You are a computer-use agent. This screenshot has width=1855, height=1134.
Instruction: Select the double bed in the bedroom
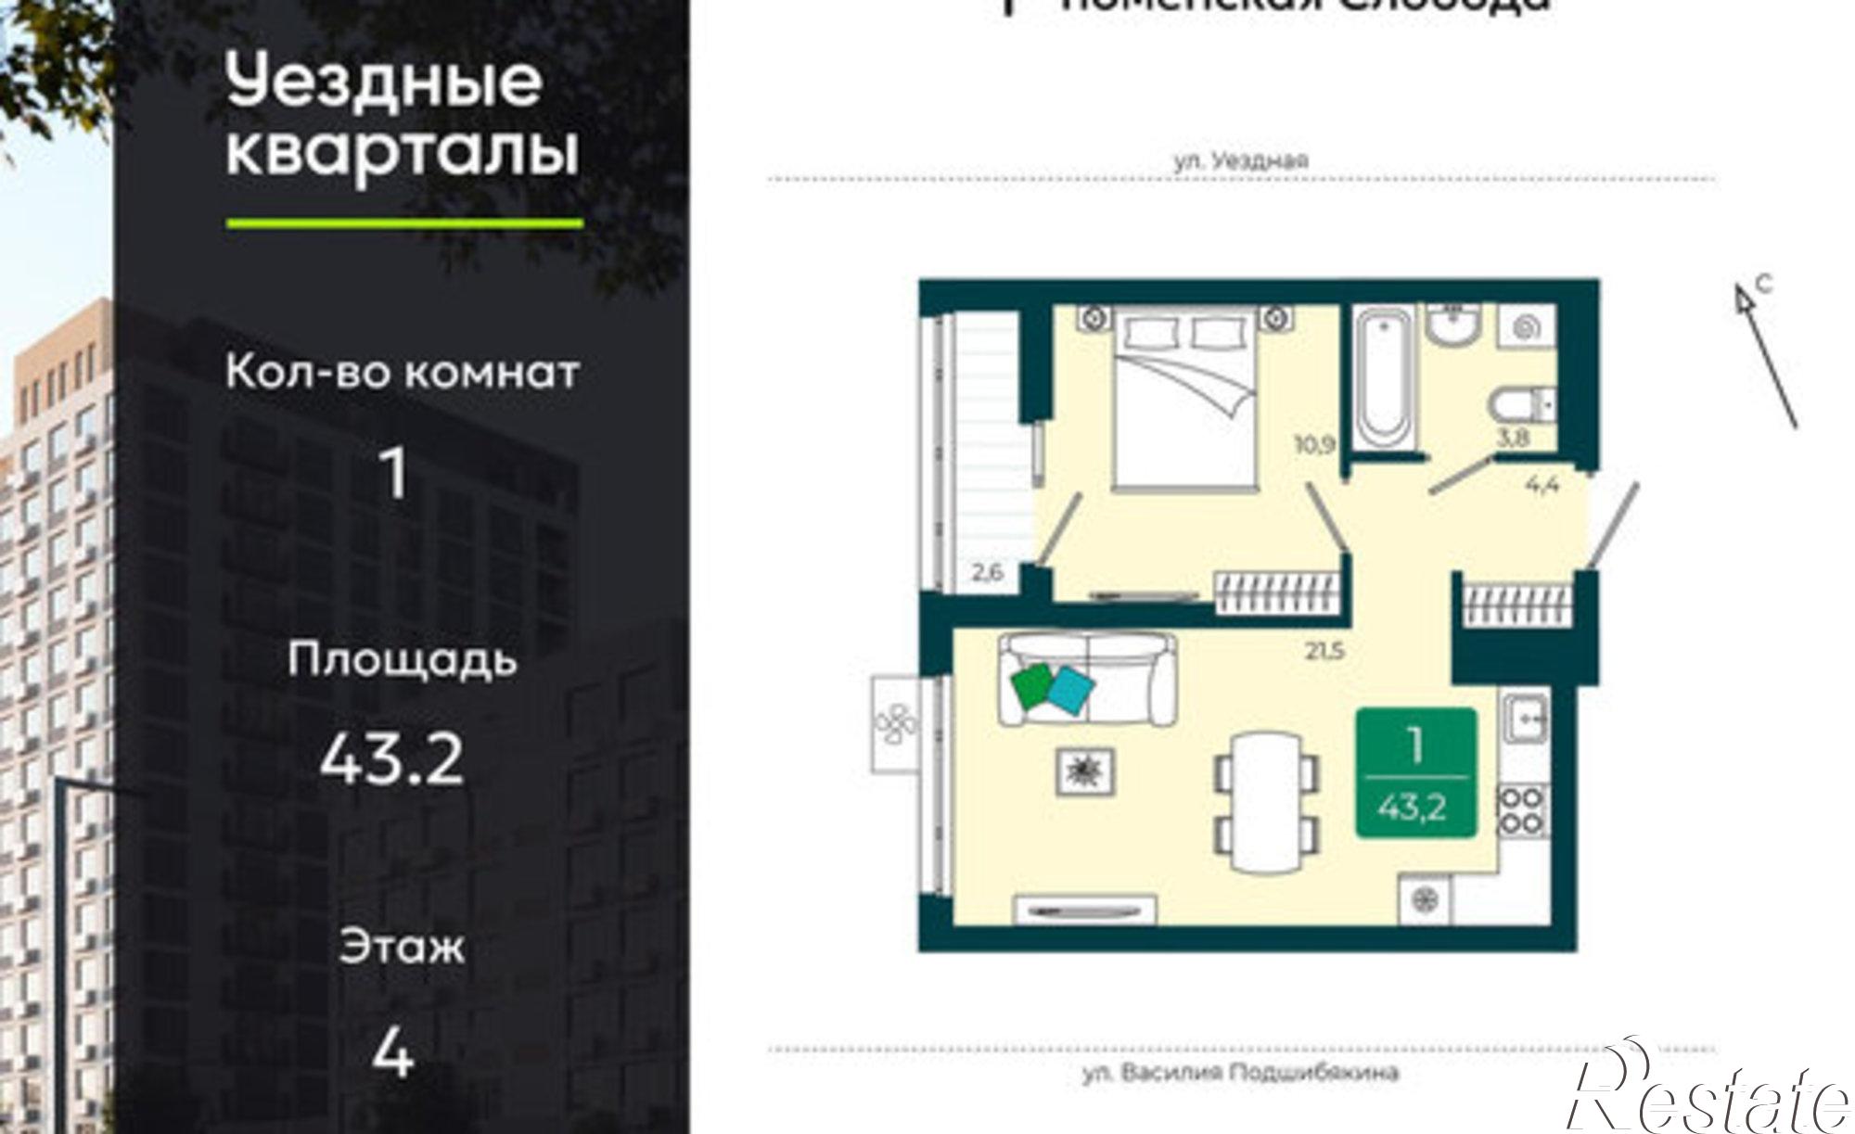1186,397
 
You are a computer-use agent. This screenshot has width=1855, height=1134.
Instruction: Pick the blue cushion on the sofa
1070,691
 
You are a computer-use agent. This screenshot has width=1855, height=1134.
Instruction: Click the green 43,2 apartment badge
1415,773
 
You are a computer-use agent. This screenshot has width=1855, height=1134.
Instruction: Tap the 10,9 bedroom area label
1314,444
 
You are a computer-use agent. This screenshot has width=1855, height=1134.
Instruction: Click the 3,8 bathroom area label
1513,438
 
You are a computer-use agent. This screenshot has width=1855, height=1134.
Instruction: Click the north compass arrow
1767,352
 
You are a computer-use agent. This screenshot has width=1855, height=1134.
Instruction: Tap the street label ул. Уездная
1241,159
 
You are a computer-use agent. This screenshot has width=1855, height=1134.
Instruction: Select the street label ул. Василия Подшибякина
1240,1073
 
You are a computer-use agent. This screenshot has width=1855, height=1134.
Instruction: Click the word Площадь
402,660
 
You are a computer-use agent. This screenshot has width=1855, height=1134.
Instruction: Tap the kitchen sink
1525,718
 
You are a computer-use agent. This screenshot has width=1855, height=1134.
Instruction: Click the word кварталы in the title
402,152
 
